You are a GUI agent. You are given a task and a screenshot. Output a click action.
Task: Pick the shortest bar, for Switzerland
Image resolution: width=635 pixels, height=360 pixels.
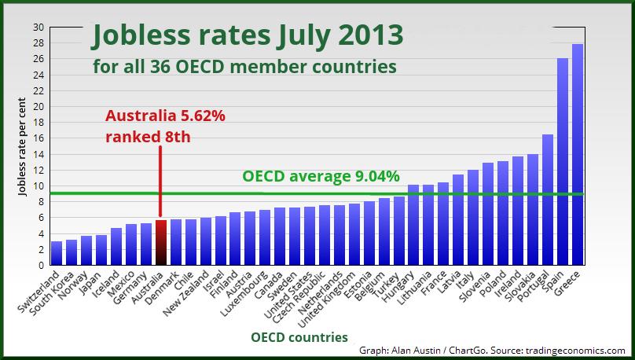pos(56,253)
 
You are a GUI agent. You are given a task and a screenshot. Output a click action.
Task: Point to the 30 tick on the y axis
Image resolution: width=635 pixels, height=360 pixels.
pos(39,27)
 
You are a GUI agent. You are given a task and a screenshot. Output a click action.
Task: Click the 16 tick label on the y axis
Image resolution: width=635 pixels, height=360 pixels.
pos(39,138)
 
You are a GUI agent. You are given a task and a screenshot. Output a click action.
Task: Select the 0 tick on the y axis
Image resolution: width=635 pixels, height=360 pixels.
pos(41,266)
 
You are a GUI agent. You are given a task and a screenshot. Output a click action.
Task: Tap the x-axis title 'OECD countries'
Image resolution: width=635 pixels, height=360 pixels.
pos(299,337)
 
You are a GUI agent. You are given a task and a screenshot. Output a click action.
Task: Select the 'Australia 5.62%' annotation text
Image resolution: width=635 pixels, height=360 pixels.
pos(165,116)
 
